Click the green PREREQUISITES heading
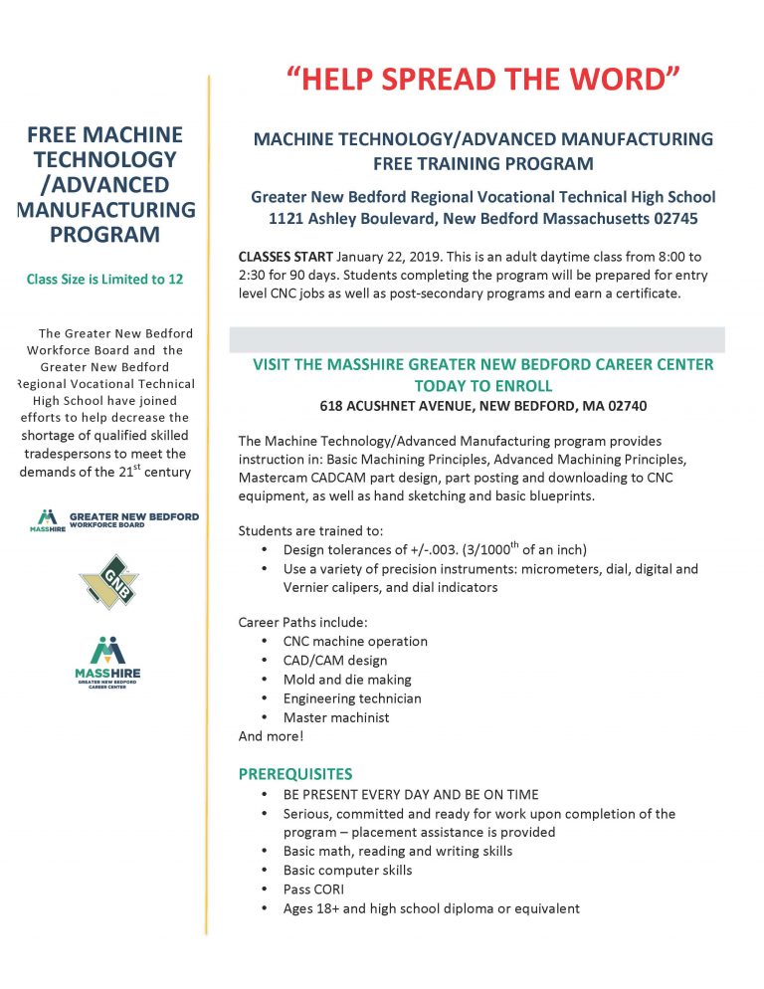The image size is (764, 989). click(295, 773)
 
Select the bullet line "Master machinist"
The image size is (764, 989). click(336, 717)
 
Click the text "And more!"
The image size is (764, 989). click(271, 736)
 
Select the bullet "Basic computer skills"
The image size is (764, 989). click(347, 870)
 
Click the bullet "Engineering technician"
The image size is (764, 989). click(352, 698)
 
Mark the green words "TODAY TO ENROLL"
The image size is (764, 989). click(482, 385)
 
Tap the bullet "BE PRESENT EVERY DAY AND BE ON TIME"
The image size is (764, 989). click(411, 794)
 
